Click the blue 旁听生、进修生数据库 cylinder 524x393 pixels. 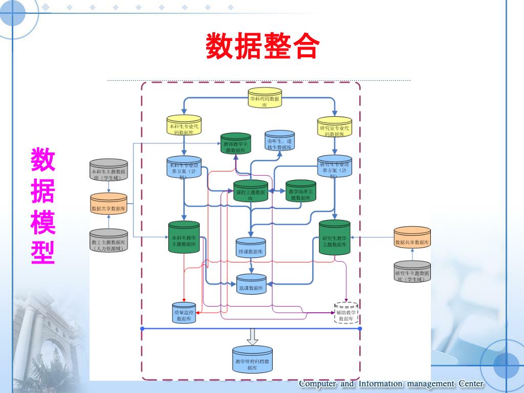click(280, 141)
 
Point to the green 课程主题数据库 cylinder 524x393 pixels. click(251, 191)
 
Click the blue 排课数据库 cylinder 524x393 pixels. click(251, 249)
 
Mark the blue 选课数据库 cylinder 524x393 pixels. click(251, 285)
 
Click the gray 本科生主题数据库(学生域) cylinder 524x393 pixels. click(108, 171)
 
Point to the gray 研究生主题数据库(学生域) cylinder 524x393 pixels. click(412, 273)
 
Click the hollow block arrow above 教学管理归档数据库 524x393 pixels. click(252, 337)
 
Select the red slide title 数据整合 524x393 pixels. click(263, 47)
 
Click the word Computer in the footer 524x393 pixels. click(317, 384)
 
